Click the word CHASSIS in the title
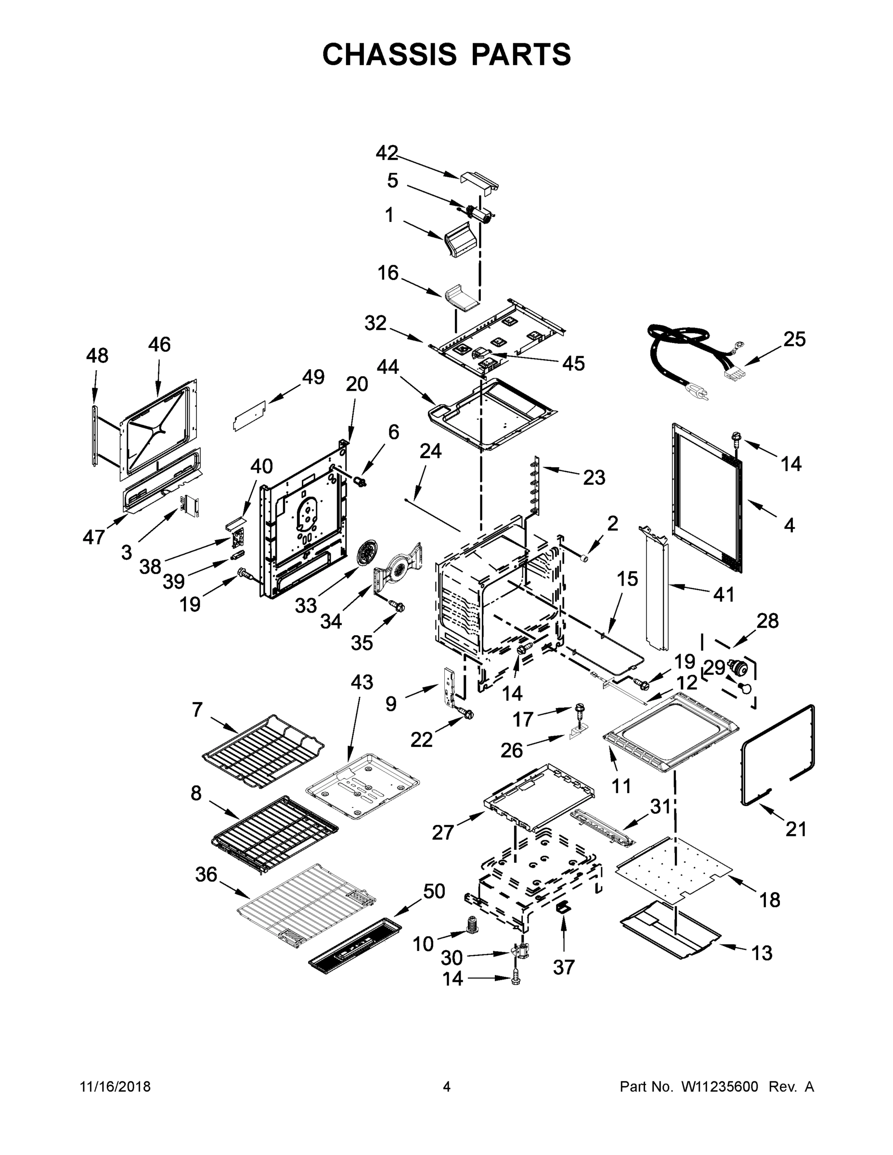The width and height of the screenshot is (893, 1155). click(389, 54)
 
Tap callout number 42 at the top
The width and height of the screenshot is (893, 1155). click(386, 154)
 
